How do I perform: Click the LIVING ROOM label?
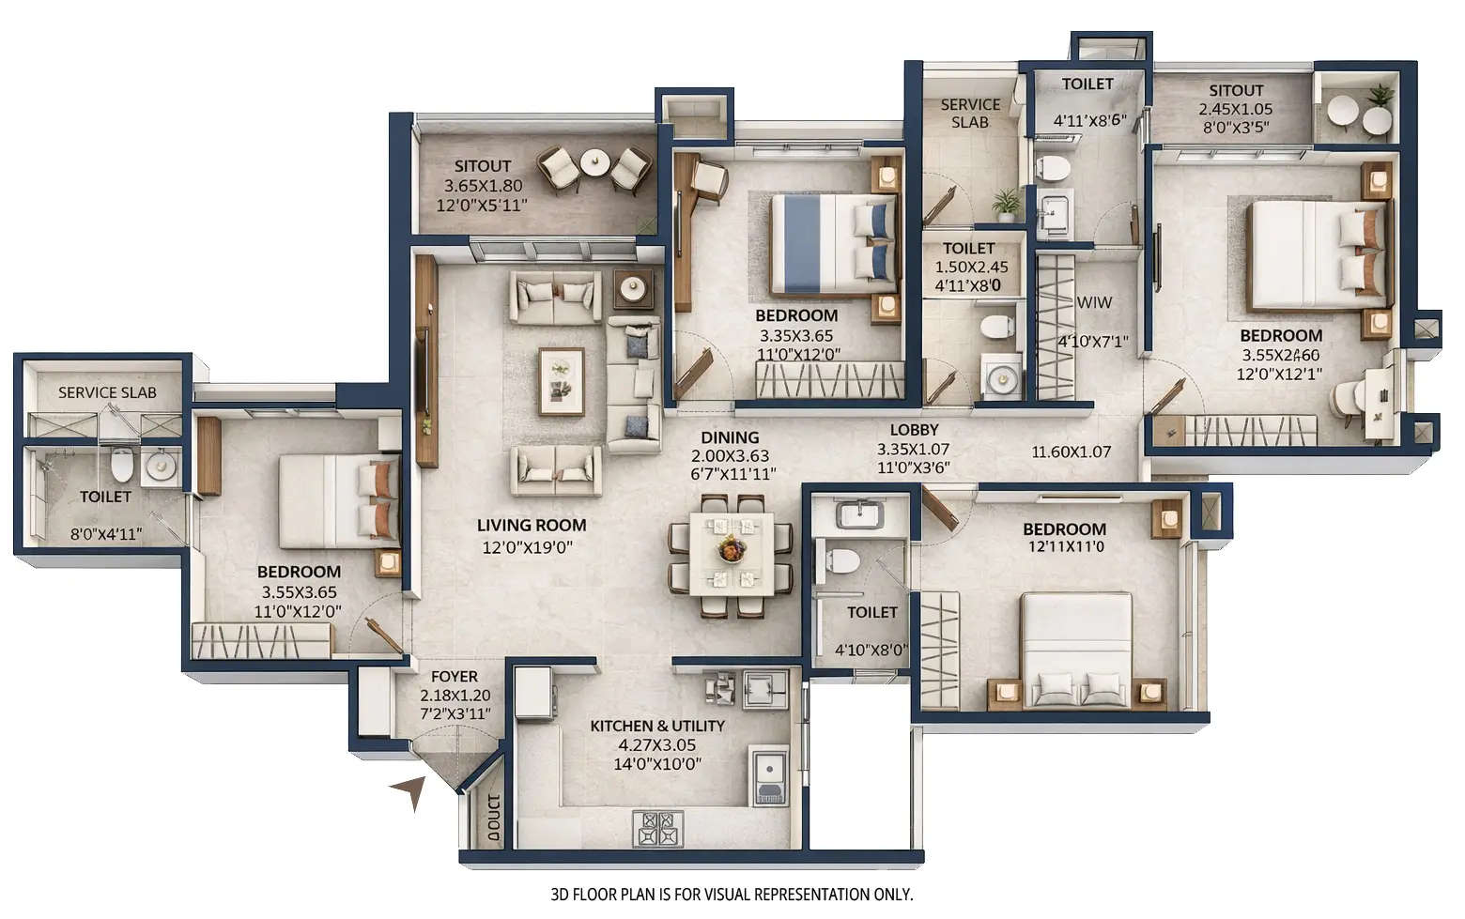pyautogui.click(x=531, y=526)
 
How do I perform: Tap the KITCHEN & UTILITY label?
pyautogui.click(x=656, y=726)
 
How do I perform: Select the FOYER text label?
pyautogui.click(x=455, y=677)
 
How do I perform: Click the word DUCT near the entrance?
pyautogui.click(x=494, y=819)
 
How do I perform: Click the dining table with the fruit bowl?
pyautogui.click(x=731, y=553)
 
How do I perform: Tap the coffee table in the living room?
pyautogui.click(x=561, y=381)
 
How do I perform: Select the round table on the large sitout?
pyautogui.click(x=594, y=163)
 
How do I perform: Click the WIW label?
pyautogui.click(x=1095, y=302)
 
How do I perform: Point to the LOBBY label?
pyautogui.click(x=914, y=430)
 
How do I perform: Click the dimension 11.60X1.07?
pyautogui.click(x=1071, y=452)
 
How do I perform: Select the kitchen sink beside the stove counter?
pyautogui.click(x=769, y=776)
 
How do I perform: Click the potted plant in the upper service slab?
pyautogui.click(x=1006, y=203)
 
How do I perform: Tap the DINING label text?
pyautogui.click(x=730, y=437)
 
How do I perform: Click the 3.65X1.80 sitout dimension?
pyautogui.click(x=483, y=186)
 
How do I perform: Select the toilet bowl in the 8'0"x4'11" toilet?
pyautogui.click(x=122, y=464)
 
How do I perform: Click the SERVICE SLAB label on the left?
pyautogui.click(x=107, y=392)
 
